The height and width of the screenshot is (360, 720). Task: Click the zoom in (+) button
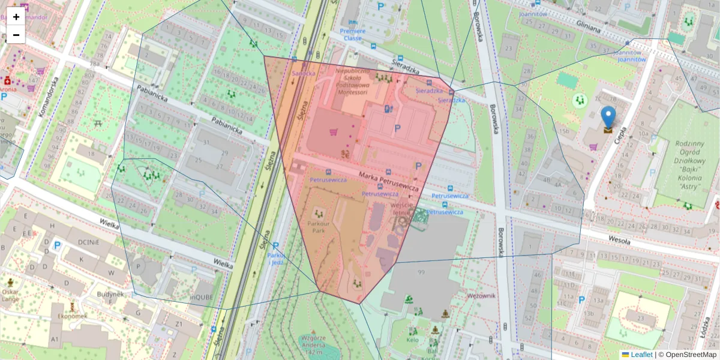(x=16, y=17)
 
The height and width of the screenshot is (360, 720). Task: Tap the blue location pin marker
(x=608, y=118)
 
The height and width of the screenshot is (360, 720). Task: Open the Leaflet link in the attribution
(x=641, y=355)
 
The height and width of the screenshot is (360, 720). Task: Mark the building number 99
(x=421, y=273)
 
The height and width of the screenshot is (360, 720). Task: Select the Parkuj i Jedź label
(x=276, y=259)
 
